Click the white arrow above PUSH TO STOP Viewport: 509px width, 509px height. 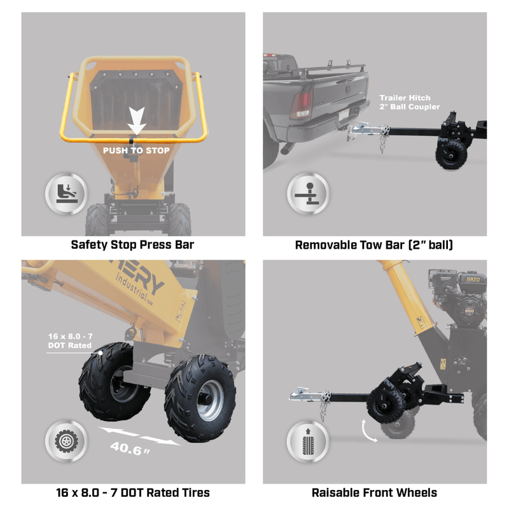137,122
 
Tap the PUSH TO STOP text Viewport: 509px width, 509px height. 137,151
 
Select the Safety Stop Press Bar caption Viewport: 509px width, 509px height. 132,244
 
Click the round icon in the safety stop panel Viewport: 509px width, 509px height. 63,193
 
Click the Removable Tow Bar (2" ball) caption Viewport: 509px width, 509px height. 374,244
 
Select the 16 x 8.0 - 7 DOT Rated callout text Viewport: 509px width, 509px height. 69,340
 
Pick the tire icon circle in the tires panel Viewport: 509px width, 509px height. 63,442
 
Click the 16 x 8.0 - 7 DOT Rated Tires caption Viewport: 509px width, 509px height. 132,492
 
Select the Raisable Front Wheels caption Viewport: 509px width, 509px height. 374,492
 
